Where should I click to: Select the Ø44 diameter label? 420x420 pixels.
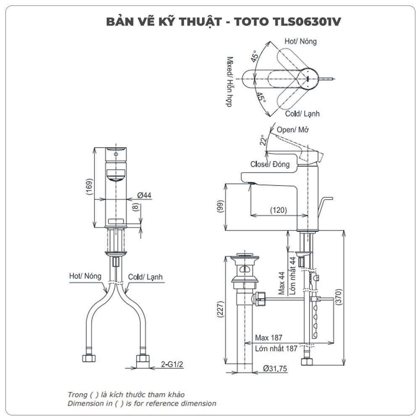coord(144,195)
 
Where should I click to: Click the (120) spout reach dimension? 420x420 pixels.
coord(278,210)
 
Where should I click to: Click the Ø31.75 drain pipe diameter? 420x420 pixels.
coord(275,369)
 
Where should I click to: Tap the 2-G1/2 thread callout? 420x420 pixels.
coord(172,365)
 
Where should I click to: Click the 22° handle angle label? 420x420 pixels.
coord(263,139)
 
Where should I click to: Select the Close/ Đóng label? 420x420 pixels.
coord(270,164)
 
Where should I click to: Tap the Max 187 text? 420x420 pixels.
coord(269,338)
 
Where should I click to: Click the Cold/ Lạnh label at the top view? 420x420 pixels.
coord(302,113)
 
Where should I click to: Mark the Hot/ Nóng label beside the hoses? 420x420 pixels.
coord(85,276)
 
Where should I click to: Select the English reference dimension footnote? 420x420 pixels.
coord(142,404)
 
